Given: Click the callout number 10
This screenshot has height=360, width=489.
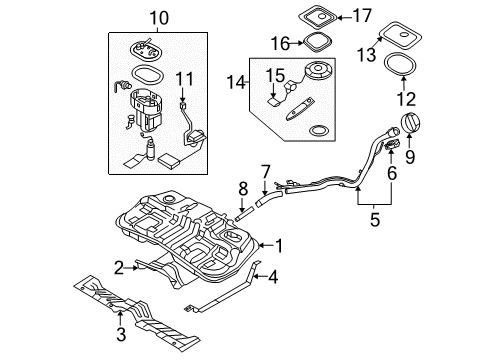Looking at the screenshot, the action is [159, 18].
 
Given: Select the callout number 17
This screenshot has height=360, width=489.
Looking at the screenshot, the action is [362, 16].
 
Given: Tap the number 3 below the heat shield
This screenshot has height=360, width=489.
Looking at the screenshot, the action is [121, 334].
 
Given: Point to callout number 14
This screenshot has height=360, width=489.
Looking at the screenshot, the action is [236, 82].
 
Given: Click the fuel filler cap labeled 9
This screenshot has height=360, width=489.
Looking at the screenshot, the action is [412, 124].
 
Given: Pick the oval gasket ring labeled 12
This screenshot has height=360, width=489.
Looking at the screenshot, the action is [401, 64].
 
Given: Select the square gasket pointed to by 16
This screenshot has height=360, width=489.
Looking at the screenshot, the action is [317, 42].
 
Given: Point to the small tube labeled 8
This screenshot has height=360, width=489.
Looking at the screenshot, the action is [244, 214].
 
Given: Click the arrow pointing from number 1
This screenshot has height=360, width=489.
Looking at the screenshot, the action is [267, 246].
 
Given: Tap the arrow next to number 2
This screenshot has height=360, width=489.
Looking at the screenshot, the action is [131, 267].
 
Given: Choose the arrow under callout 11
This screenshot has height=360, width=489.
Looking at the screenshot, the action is [182, 94].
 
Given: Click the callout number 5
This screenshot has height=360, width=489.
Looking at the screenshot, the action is [375, 220].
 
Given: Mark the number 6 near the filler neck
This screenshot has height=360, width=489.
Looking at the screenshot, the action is [392, 173].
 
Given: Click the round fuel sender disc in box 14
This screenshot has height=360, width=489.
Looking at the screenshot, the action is [317, 71].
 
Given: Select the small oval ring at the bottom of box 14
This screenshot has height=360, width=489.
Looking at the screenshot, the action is [318, 130].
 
